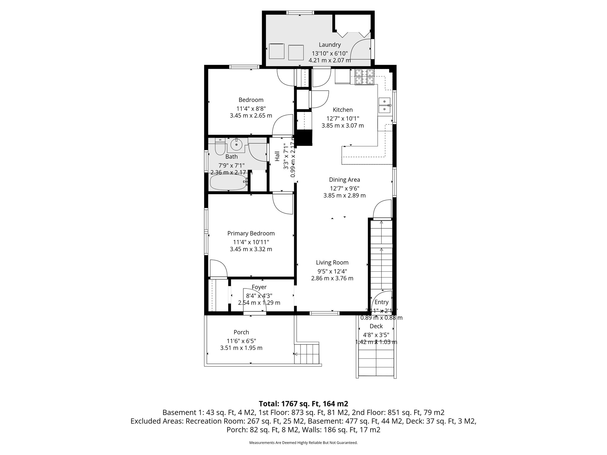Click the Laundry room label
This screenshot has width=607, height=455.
330,45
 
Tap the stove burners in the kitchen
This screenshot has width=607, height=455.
365,76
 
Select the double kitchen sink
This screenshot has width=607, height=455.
384,105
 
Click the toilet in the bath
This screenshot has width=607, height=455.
220,148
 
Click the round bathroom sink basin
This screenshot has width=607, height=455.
237,145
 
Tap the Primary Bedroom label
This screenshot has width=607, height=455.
251,233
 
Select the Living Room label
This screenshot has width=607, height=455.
332,262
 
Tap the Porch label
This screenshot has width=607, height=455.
241,332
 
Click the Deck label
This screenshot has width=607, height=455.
376,326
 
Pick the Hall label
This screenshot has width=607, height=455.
277,156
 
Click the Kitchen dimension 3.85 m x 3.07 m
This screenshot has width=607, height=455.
343,126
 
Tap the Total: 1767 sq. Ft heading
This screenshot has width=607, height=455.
303,404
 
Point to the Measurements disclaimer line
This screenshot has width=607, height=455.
303,443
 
